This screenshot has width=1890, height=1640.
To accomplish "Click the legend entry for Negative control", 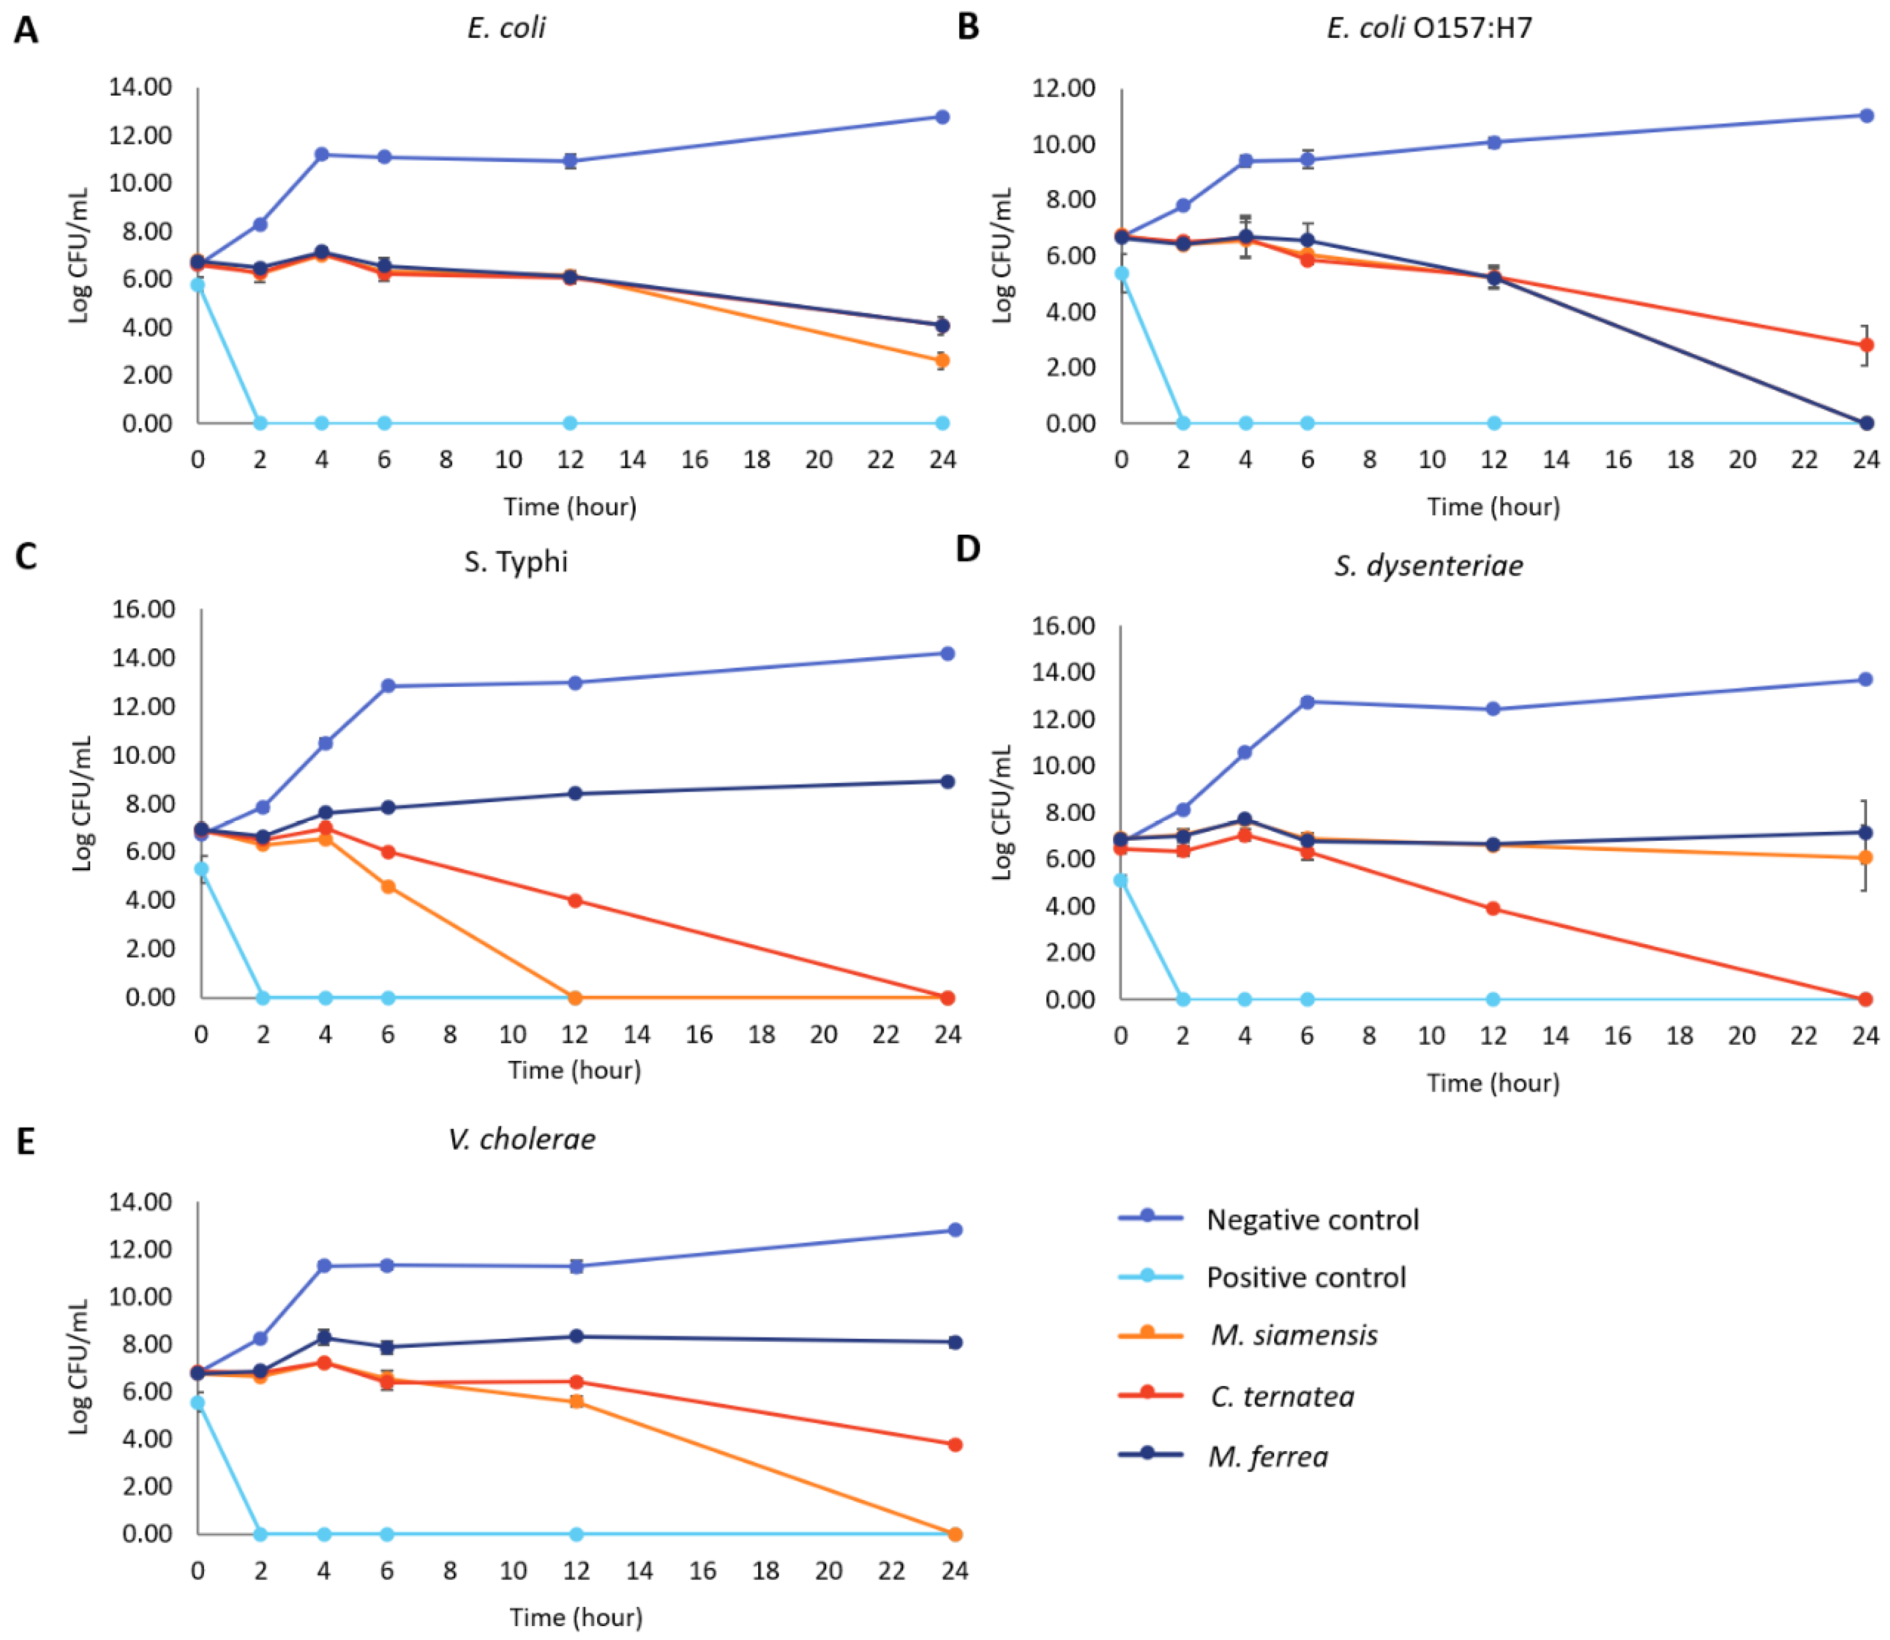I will (1312, 1220).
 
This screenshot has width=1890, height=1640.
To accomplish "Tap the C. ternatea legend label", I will (1282, 1396).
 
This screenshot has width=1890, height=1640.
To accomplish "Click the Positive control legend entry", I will (1305, 1277).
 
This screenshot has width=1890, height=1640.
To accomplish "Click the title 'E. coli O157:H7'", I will (1429, 28).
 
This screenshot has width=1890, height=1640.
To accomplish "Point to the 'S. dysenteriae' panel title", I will (1428, 565).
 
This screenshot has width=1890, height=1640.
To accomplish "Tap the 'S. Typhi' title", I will (515, 561).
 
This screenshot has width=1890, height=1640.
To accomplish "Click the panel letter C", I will (26, 556).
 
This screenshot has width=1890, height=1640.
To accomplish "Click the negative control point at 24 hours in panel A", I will (942, 117).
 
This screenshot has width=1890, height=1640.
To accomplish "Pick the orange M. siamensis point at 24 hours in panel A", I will (942, 361).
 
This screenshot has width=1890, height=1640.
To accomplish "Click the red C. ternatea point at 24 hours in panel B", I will (1866, 345).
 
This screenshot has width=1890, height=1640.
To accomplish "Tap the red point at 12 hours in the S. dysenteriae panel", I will (1493, 909).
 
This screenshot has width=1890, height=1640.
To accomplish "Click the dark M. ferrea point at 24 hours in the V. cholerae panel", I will (954, 1342).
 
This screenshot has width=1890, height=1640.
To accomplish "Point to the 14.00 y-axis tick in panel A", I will (140, 87).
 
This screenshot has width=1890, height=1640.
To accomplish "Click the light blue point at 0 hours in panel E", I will (198, 1403).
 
